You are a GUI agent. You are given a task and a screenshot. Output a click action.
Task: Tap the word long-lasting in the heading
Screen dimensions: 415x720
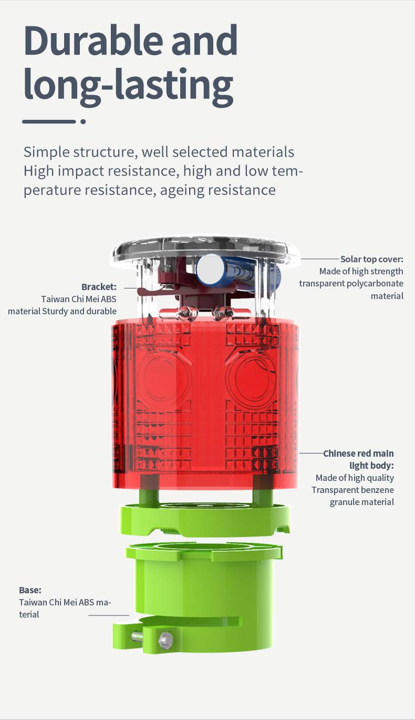(x=129, y=86)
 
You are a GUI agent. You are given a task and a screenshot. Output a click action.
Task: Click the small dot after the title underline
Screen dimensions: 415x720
(x=83, y=121)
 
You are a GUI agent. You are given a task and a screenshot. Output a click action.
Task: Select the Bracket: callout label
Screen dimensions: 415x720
(x=99, y=287)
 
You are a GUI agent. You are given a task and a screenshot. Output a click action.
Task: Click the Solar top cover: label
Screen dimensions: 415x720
(x=371, y=259)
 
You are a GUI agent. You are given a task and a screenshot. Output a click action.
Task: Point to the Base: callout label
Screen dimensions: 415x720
(x=30, y=590)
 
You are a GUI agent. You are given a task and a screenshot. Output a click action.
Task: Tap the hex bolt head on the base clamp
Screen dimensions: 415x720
(x=165, y=640)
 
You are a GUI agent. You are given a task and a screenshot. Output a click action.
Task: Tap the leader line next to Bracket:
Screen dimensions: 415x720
(x=131, y=288)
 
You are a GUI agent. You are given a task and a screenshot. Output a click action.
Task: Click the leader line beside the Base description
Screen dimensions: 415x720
(x=109, y=615)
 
